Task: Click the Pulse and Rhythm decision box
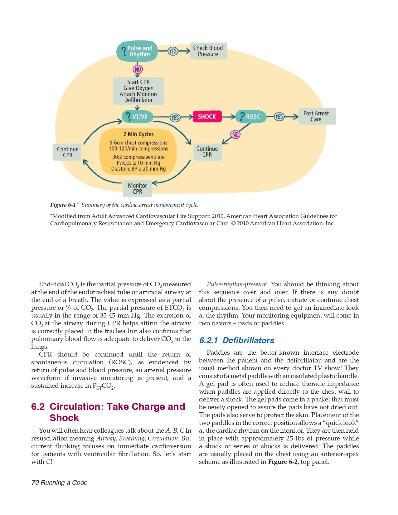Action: (137, 51)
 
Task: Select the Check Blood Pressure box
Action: (208, 51)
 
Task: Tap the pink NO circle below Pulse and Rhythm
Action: (138, 69)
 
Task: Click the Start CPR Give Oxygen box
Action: (138, 91)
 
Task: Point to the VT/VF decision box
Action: (138, 117)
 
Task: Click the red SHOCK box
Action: (207, 117)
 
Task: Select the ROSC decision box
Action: (251, 117)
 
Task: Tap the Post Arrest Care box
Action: (316, 116)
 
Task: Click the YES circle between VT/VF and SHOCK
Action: (175, 118)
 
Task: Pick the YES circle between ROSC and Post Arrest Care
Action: (279, 117)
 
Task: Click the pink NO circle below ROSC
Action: (235, 134)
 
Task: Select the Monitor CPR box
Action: (138, 188)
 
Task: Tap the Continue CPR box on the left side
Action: (67, 152)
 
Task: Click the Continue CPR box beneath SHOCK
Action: (207, 152)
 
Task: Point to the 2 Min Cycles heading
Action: (138, 134)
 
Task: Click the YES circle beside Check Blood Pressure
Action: (173, 51)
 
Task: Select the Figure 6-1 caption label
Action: (63, 205)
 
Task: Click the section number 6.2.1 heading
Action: (208, 340)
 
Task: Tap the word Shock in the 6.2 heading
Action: (64, 418)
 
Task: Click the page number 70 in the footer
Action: (35, 483)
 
